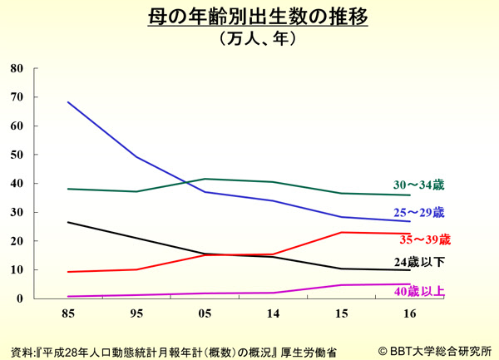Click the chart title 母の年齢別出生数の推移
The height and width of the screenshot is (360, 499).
tap(249, 16)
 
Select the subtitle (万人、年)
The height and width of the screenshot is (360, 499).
tap(249, 37)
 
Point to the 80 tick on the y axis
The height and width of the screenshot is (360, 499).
tap(17, 68)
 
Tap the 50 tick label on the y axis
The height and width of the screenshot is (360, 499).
tap(17, 155)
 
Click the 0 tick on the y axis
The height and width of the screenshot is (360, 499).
tap(21, 298)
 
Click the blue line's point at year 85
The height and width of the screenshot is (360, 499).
tap(67, 102)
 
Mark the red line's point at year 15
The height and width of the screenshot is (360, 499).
tap(341, 232)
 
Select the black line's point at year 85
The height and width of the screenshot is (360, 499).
tap(67, 222)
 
